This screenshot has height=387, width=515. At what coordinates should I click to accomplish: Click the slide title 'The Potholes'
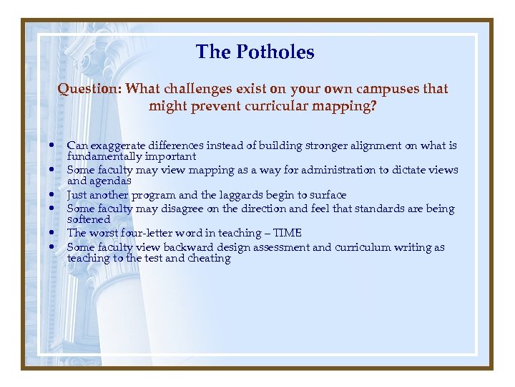click(255, 52)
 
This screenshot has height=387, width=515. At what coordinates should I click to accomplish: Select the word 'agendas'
click(111, 181)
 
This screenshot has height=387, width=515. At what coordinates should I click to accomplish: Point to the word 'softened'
click(89, 219)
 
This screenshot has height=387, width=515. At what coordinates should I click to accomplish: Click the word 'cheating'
click(209, 258)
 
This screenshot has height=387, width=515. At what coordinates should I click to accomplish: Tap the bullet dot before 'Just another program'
click(54, 195)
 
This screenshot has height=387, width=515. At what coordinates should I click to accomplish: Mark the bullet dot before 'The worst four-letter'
click(54, 233)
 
